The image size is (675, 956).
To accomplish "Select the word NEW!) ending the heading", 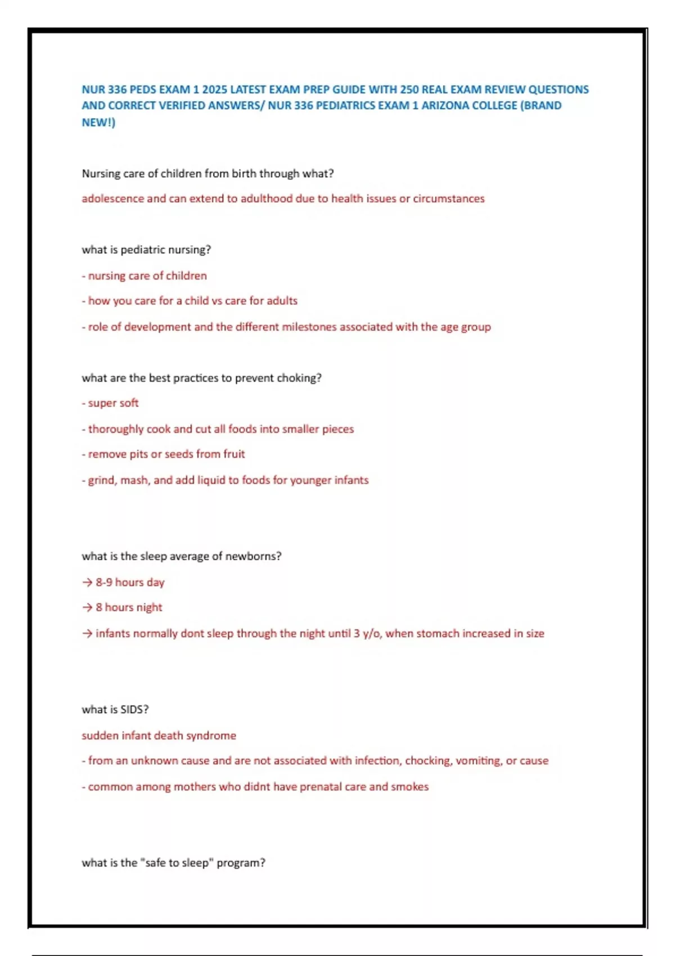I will [98, 122].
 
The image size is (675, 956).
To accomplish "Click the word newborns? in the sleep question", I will [253, 556].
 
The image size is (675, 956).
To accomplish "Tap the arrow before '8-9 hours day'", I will [87, 583].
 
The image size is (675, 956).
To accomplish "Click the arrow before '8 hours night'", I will [87, 607].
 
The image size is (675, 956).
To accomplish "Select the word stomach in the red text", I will [438, 633].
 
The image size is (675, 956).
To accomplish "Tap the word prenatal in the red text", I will [320, 787].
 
